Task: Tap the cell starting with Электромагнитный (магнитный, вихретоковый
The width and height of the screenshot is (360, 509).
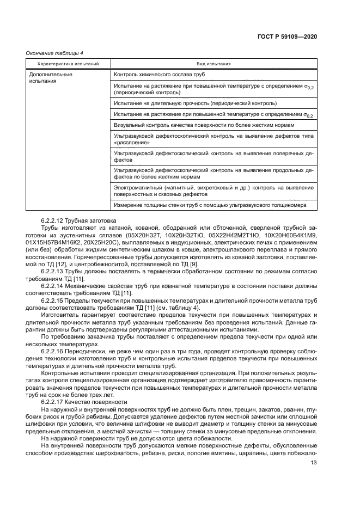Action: [213, 190]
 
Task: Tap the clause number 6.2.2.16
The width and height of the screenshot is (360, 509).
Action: [53, 351]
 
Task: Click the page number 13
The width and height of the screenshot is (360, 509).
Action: [313, 463]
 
